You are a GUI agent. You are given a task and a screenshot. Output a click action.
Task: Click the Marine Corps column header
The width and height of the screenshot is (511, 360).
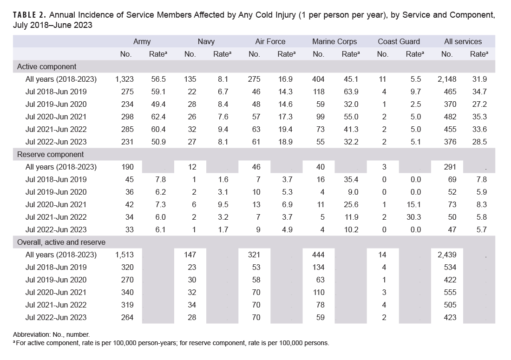[334, 41]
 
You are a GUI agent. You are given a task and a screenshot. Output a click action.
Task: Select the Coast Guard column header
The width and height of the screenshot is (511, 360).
[399, 41]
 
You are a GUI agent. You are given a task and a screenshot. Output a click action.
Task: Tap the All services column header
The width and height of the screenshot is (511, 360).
[463, 41]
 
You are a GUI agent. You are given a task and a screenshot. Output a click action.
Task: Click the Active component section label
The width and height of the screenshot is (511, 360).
[46, 66]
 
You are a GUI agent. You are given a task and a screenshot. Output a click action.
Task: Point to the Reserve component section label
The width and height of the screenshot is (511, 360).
[50, 154]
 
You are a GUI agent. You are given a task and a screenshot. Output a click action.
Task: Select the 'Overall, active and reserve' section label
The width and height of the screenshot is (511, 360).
[61, 242]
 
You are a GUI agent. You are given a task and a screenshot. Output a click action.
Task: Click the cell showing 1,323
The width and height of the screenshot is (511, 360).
[124, 79]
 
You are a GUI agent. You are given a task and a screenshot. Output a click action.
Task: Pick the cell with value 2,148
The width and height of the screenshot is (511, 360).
[447, 79]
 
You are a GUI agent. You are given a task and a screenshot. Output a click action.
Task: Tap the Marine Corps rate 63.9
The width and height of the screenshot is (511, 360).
[350, 92]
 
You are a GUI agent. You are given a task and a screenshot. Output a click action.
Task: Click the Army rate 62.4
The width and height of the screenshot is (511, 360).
[157, 117]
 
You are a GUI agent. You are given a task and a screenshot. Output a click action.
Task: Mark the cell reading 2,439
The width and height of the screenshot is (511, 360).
[447, 255]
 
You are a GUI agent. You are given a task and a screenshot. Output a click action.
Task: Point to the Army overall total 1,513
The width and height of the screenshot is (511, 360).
[124, 255]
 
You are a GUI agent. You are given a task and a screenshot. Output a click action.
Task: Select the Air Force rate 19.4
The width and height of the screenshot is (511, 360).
[286, 129]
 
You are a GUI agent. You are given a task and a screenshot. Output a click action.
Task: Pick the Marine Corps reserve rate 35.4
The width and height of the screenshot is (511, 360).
[350, 179]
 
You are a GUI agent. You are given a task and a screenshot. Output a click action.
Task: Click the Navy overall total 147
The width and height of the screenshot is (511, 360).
[190, 255]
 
